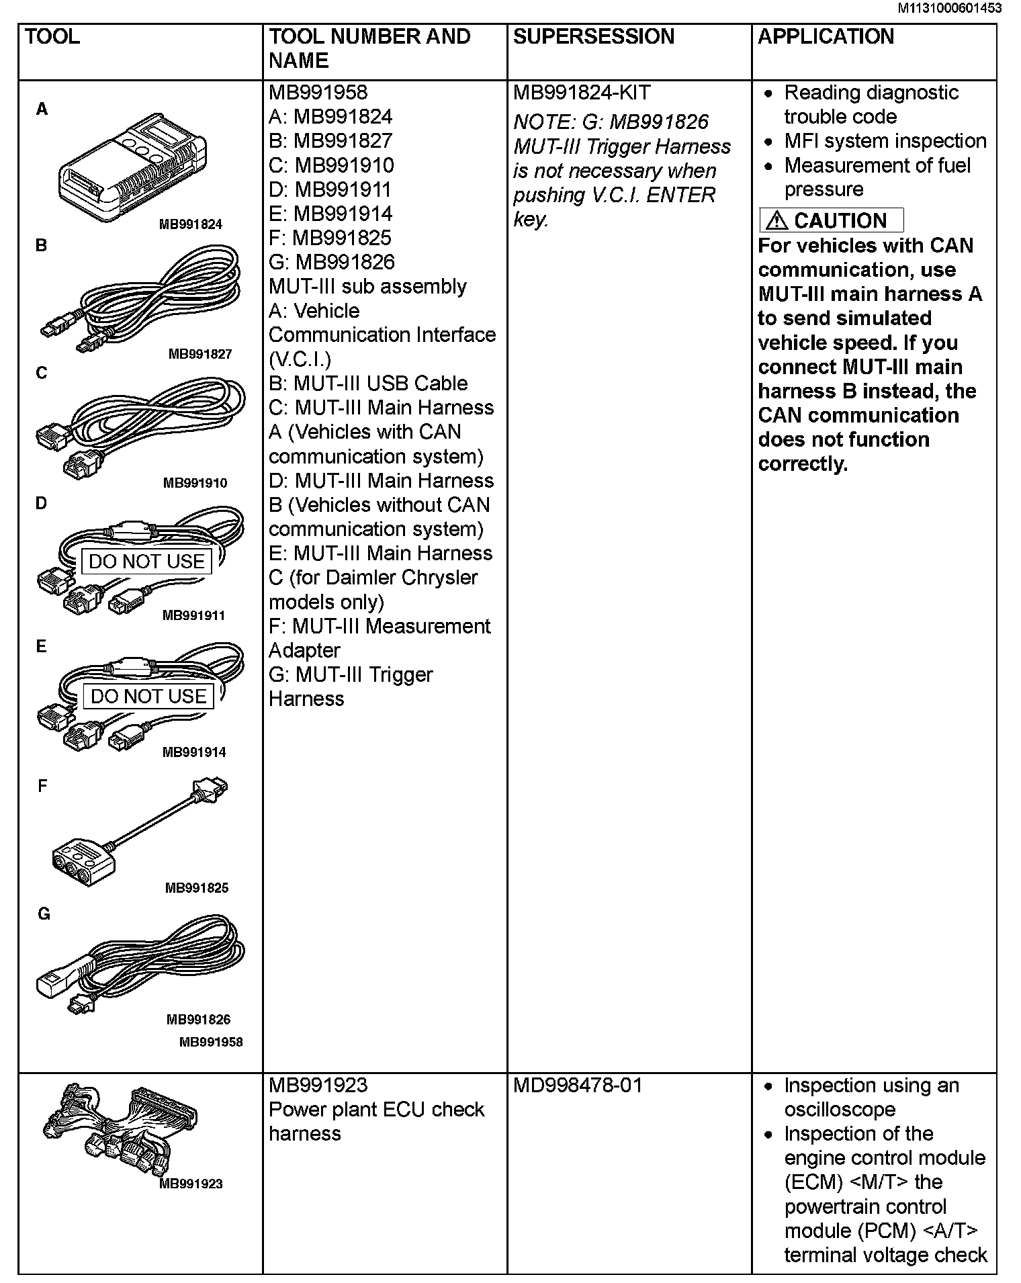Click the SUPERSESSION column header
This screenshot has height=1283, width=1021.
point(593,36)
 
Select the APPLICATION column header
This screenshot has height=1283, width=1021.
point(826,36)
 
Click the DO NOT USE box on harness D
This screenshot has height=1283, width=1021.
point(146,561)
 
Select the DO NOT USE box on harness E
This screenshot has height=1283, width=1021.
point(148,696)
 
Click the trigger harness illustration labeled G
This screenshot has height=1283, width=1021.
point(141,963)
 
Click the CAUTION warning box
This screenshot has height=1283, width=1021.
point(831,220)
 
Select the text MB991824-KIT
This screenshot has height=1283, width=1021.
point(582,93)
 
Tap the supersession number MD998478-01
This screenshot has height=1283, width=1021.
point(578,1085)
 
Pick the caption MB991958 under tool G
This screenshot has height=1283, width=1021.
point(210,1042)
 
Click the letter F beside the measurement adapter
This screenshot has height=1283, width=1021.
point(42,786)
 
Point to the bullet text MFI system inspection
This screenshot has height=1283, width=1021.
point(885,141)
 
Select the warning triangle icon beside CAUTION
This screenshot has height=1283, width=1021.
point(776,220)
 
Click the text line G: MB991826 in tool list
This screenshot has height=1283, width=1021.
point(332,262)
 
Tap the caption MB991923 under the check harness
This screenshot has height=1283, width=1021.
point(191,1184)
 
